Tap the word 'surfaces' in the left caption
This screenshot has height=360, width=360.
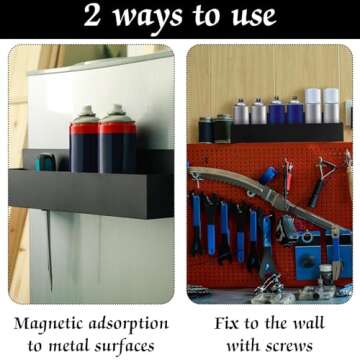131,346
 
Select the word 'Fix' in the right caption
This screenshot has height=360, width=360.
228,325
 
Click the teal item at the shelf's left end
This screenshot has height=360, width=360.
45,162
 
